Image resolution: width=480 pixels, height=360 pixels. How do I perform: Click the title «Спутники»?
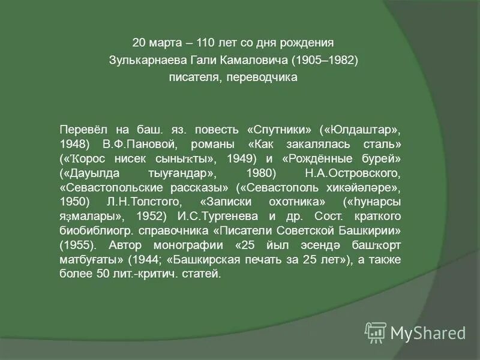coord(278,130)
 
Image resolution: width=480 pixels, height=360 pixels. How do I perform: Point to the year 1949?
coord(242,159)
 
